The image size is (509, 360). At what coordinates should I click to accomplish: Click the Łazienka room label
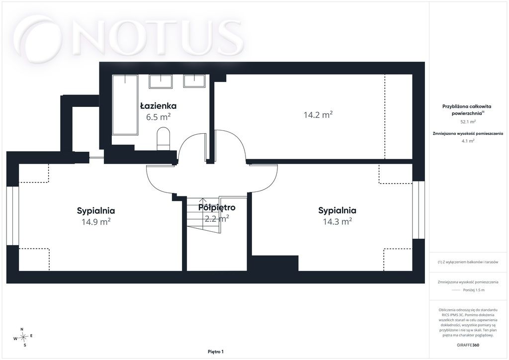click(159, 106)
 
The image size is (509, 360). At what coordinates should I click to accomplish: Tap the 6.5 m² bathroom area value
click(159, 117)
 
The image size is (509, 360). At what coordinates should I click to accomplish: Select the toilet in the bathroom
click(163, 139)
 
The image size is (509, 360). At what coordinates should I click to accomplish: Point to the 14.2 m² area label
click(318, 114)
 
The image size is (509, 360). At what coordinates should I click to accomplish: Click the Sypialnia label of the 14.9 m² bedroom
click(96, 211)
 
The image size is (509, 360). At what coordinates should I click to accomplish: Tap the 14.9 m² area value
click(96, 222)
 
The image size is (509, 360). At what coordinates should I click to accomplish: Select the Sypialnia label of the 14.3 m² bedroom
click(338, 210)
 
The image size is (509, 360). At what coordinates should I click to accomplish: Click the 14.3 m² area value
click(338, 221)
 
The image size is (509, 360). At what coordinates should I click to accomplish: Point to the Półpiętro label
click(217, 207)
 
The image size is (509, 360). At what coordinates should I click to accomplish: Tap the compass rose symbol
click(23, 337)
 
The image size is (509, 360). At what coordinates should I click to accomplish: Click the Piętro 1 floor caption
click(216, 352)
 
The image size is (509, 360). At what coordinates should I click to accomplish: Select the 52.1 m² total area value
click(468, 122)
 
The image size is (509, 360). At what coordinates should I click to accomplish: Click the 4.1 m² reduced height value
click(468, 141)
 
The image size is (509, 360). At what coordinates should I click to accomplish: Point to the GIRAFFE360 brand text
click(468, 345)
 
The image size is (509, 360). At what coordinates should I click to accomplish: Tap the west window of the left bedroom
click(12, 215)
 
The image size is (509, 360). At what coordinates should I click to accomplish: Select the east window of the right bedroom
click(419, 210)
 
